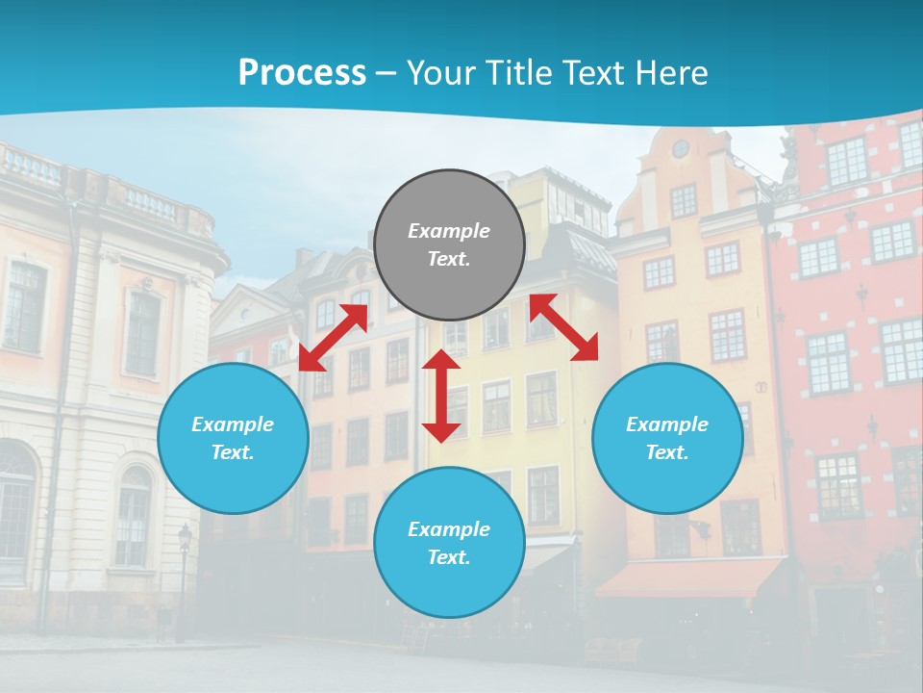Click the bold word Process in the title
pos(302,73)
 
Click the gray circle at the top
pos(449,245)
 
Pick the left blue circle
pos(233,439)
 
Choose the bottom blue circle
pos(449,543)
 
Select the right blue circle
pos(667,439)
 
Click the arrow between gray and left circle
pos(334,337)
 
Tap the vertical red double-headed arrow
pos(441,396)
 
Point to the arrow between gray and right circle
pos(563,327)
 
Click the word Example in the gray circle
pos(449,231)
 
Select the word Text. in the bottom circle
pos(449,557)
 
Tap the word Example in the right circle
pos(667,424)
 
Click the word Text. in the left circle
pos(233,452)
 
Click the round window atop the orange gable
pos(681,148)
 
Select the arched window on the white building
pos(133,515)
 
